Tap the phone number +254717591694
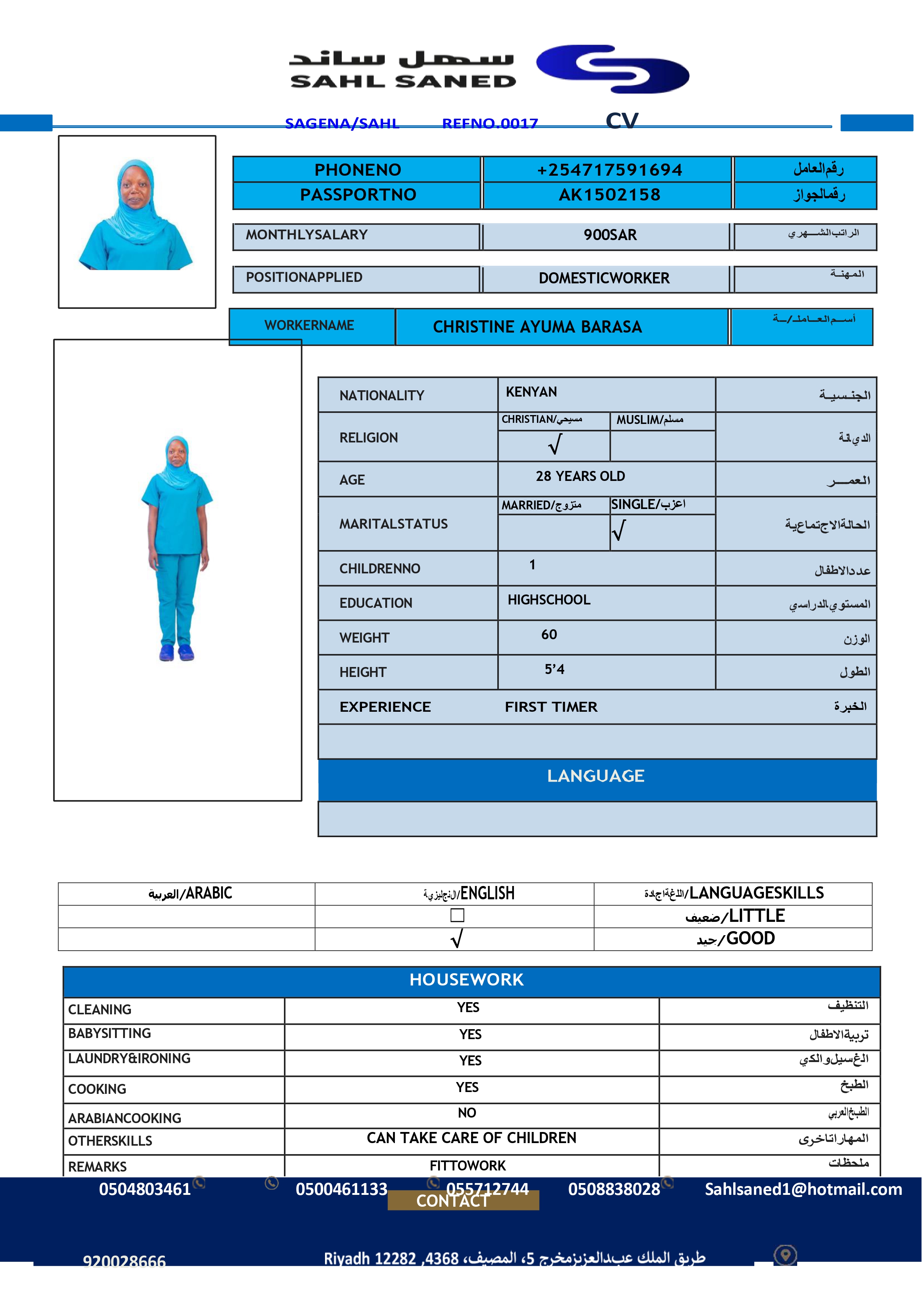pyautogui.click(x=609, y=170)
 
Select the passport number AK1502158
pyautogui.click(x=609, y=195)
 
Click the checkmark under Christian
pyautogui.click(x=555, y=445)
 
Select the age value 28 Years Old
pyautogui.click(x=580, y=476)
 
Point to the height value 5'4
pyautogui.click(x=554, y=669)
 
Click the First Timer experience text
pyautogui.click(x=551, y=707)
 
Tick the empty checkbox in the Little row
pyautogui.click(x=457, y=915)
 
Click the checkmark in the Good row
pyautogui.click(x=456, y=939)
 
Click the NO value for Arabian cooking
pyautogui.click(x=467, y=1113)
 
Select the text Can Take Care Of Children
pyautogui.click(x=471, y=1138)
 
